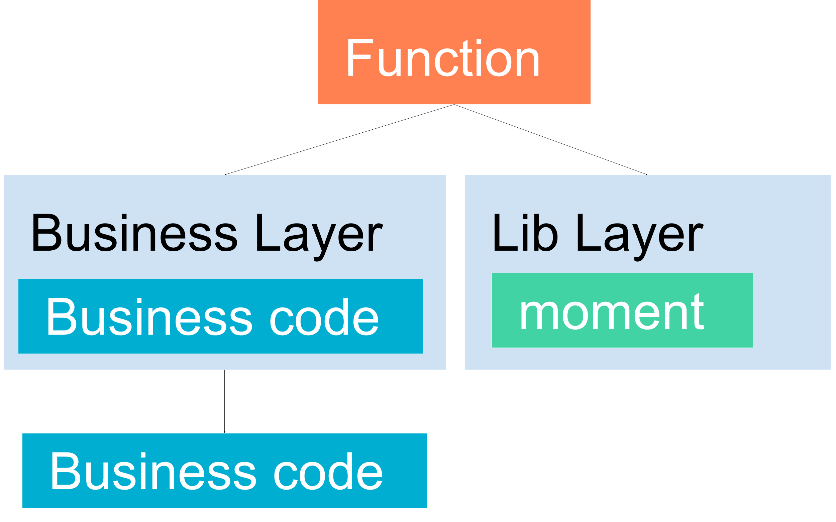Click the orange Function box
454,52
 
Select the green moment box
622,310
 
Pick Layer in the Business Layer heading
320,238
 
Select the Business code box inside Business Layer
220,316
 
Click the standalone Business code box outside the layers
224,471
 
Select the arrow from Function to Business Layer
339,139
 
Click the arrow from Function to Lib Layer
551,139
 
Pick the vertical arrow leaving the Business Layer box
224,401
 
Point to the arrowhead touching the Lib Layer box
647,174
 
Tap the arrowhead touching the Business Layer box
226,174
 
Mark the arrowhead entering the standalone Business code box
224,432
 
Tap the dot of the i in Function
479,41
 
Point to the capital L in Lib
506,232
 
